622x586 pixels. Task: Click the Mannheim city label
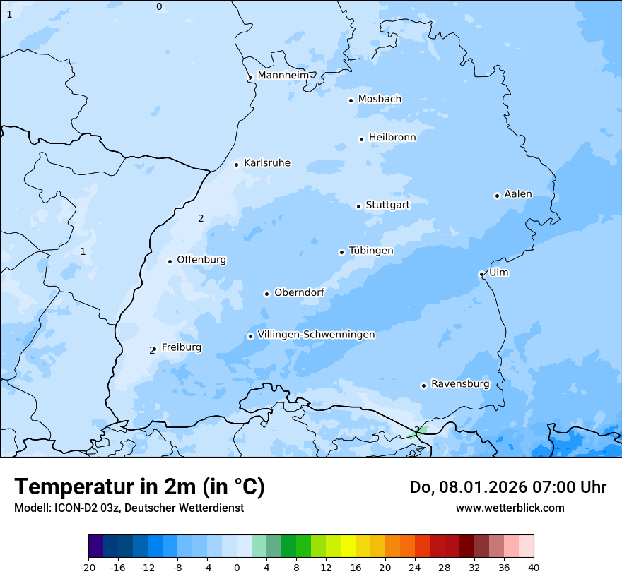tap(283, 75)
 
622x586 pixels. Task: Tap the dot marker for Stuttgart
tap(358, 206)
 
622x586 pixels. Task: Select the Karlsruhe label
tap(266, 163)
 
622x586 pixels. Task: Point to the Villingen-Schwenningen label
tap(316, 335)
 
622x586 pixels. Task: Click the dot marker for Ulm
tap(481, 274)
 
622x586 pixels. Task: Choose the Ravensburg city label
tap(460, 384)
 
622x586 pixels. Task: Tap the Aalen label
tap(518, 194)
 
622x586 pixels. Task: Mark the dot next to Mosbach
tap(351, 100)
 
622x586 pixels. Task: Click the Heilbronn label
tap(392, 138)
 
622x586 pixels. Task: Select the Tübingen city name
tap(371, 251)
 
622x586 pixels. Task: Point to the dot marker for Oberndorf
tap(266, 294)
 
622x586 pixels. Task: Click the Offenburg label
tap(201, 260)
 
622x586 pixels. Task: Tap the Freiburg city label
tap(181, 347)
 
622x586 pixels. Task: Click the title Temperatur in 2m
tap(139, 487)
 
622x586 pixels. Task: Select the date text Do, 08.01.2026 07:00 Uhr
tap(508, 487)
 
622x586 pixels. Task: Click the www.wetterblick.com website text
tap(510, 508)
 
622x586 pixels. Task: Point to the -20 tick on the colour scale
tap(88, 567)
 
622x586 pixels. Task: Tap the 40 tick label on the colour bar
tap(534, 567)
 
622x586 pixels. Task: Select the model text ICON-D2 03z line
tap(129, 508)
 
